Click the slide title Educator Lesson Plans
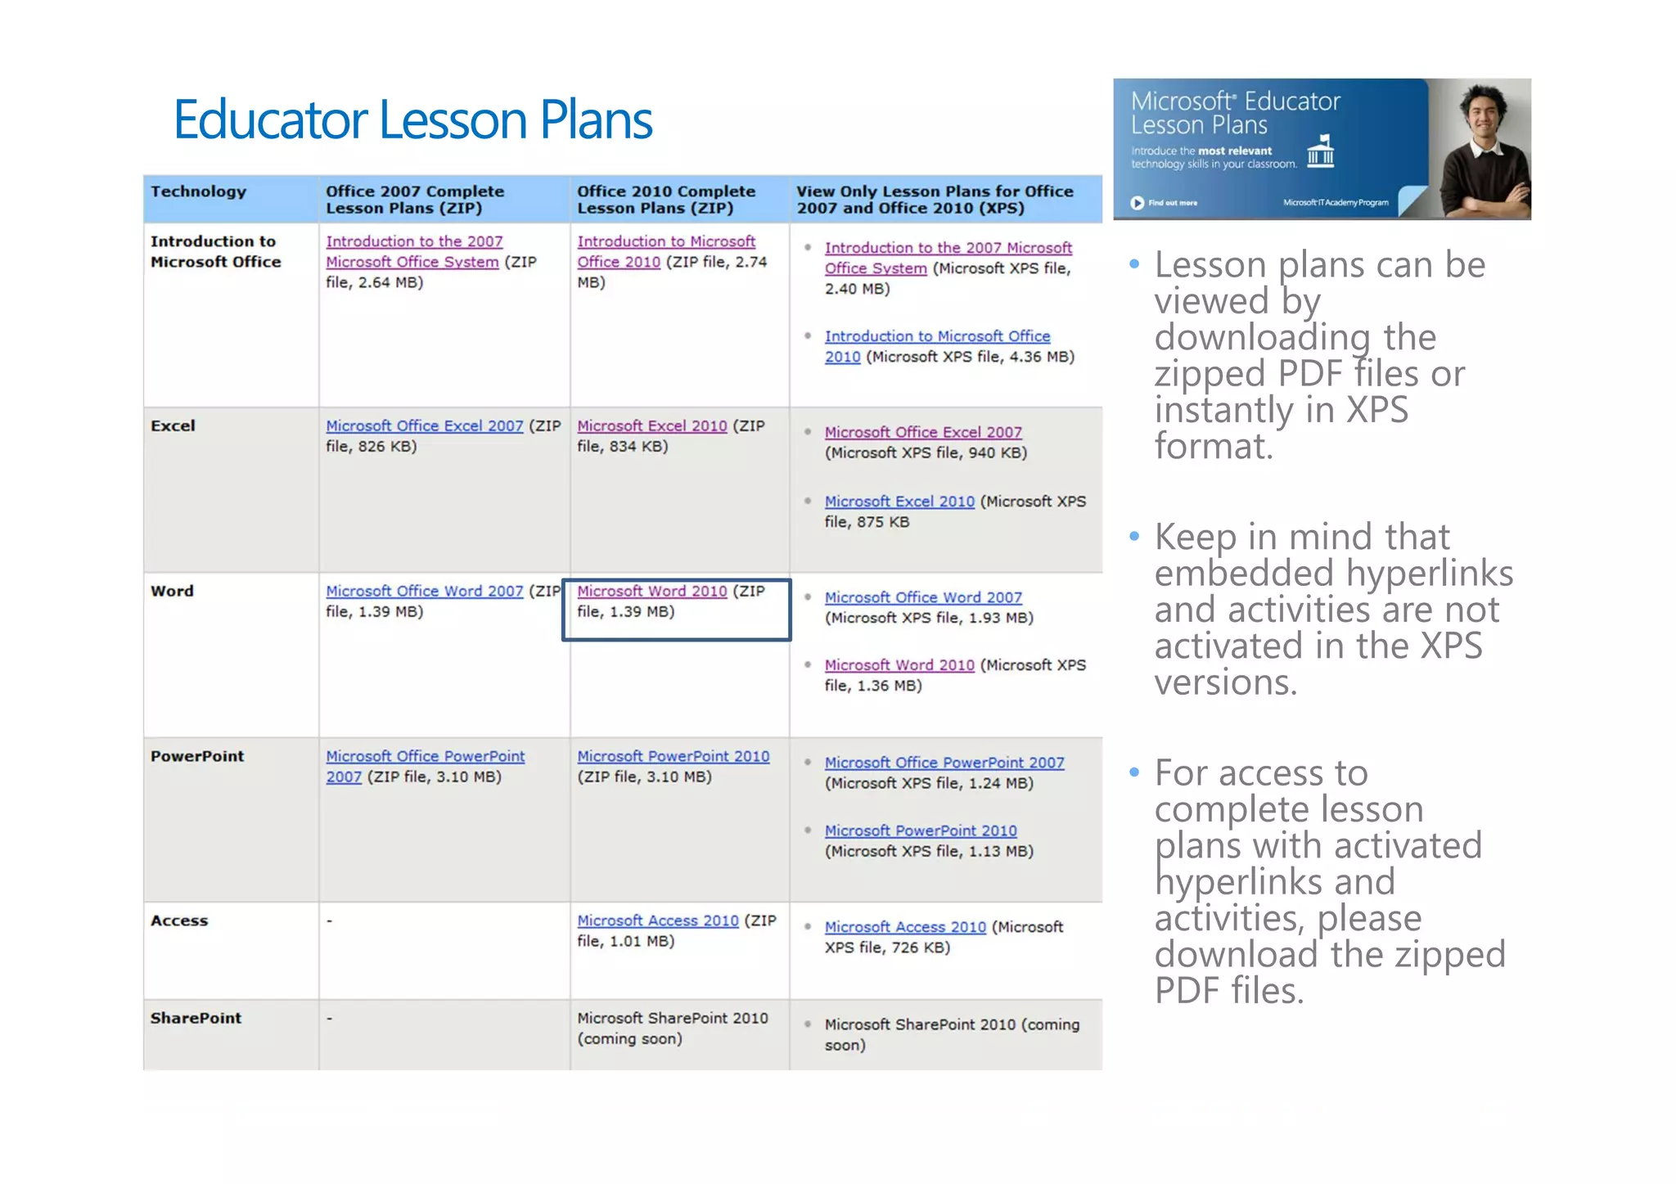412,120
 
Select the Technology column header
198,191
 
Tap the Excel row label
173,425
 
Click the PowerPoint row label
197,756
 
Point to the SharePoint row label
196,1018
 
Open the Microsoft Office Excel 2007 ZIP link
424,425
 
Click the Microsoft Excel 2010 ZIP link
651,425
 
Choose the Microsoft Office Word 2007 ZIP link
424,591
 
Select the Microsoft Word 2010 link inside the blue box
651,591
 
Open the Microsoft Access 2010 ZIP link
657,921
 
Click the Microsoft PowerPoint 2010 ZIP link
673,756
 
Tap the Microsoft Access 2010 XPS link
905,927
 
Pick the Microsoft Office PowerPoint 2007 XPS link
944,763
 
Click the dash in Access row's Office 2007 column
330,921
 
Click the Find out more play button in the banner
1138,203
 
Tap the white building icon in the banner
1320,151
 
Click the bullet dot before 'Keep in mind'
1134,537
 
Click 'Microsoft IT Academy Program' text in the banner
1336,203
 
